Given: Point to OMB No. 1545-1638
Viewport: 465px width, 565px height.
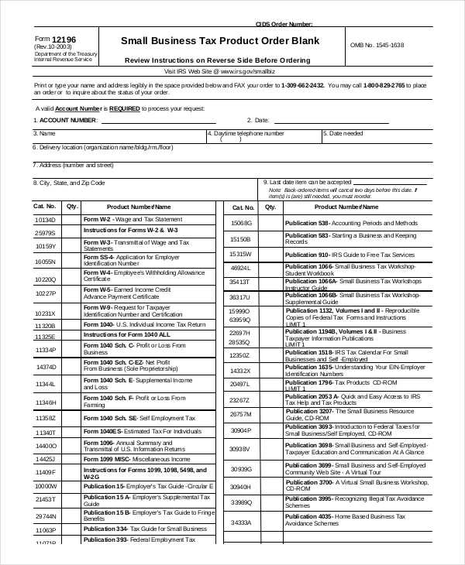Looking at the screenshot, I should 377,45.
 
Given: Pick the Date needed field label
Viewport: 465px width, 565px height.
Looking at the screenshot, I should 346,133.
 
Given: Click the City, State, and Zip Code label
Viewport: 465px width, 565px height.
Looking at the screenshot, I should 68,183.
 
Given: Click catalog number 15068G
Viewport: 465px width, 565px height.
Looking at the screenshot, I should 240,223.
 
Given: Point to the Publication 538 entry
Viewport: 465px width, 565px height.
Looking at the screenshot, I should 345,223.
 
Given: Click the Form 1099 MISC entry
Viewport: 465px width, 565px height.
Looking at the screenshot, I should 125,458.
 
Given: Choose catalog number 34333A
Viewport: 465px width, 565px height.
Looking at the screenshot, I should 240,522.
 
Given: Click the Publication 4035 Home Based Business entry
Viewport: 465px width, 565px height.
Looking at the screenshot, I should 345,519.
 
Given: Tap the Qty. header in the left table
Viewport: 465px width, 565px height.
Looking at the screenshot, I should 72,207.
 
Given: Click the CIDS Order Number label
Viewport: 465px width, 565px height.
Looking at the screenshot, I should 284,24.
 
